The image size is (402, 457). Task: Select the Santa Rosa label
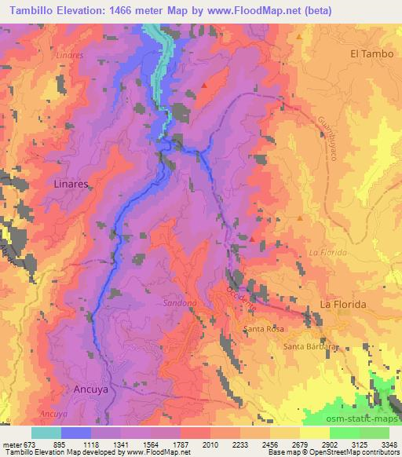(x=263, y=328)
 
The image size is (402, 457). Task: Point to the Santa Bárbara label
(x=310, y=346)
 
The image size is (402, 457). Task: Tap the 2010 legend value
(x=210, y=444)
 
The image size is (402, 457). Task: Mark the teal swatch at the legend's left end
(x=46, y=433)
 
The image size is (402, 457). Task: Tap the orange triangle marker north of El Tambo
(x=300, y=36)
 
